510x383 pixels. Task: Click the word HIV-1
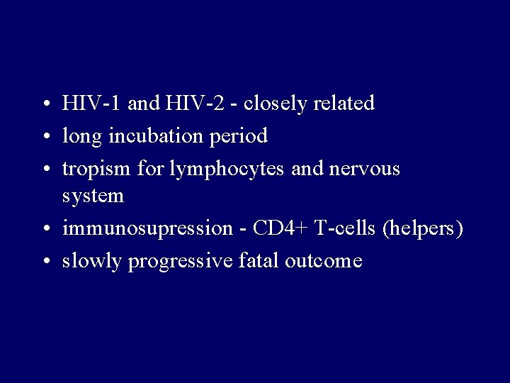pos(92,104)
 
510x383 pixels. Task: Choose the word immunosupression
pos(147,229)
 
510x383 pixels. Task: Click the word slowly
pos(93,262)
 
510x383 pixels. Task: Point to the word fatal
pos(259,261)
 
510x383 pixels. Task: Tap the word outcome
pos(324,261)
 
